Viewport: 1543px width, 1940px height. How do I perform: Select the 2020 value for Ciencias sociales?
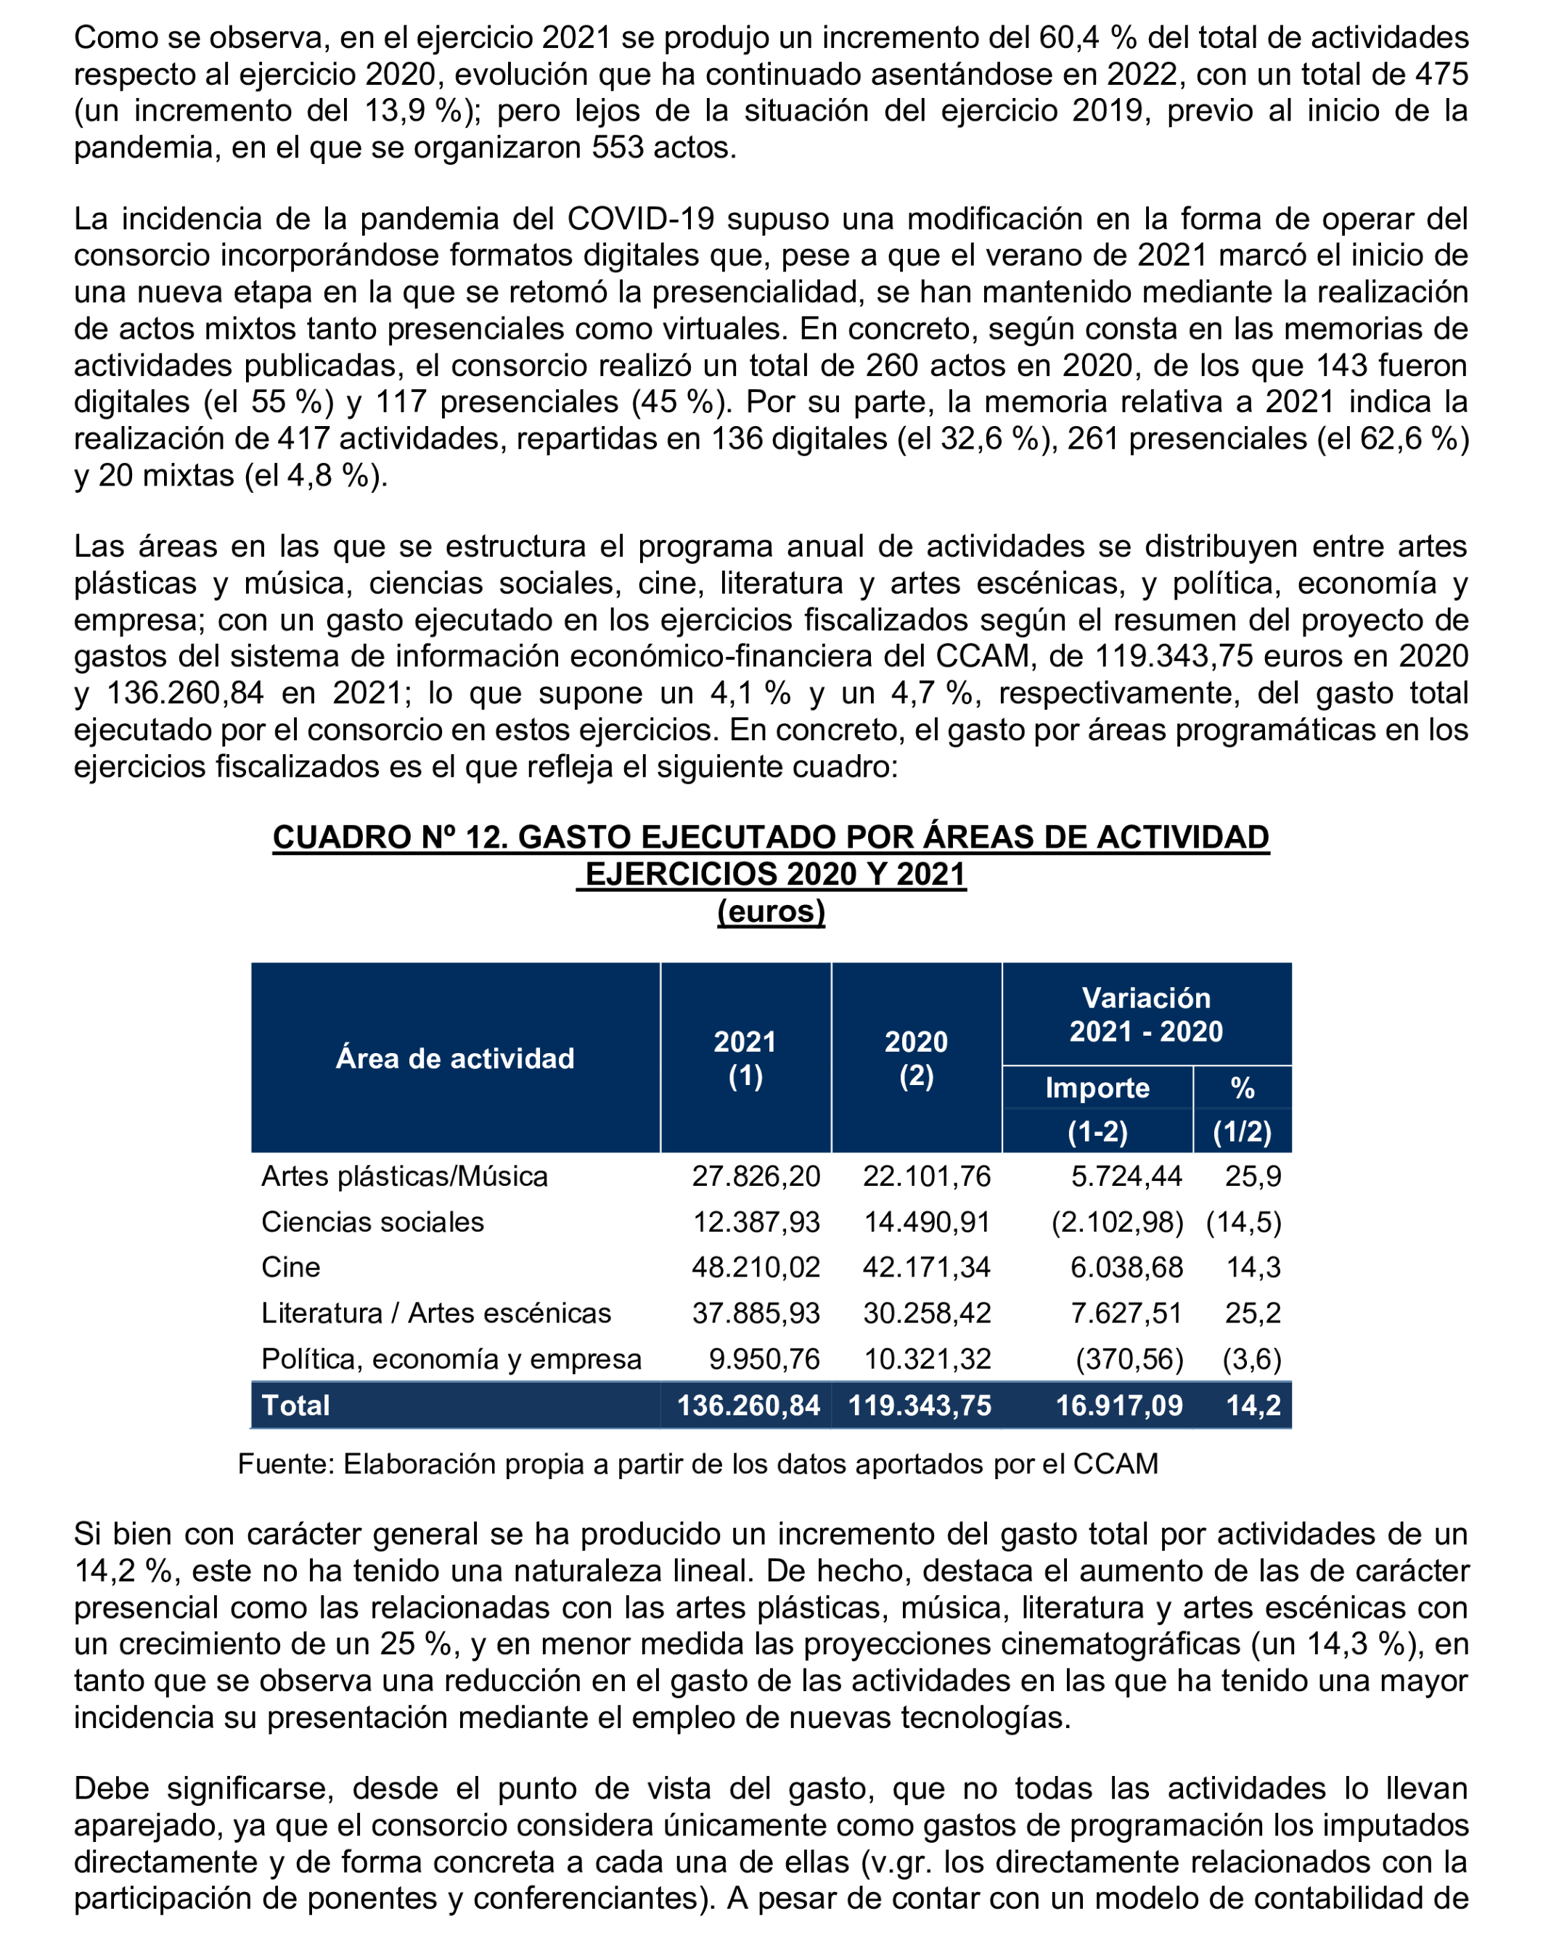[927, 1222]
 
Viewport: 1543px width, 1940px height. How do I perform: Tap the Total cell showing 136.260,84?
[748, 1406]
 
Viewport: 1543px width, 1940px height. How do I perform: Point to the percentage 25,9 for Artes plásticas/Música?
[1253, 1176]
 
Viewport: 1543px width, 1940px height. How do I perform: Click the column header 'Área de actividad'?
[454, 1058]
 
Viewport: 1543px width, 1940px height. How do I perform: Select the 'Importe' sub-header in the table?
[1097, 1088]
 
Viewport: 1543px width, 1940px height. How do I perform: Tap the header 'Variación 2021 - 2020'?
[1145, 1014]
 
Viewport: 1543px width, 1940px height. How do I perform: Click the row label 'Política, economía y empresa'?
[451, 1359]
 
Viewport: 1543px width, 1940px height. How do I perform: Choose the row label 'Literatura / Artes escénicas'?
[435, 1313]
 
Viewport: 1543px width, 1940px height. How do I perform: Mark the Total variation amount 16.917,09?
[1118, 1406]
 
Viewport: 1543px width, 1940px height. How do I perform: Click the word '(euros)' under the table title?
[771, 912]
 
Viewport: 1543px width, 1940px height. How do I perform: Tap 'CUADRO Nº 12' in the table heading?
[388, 838]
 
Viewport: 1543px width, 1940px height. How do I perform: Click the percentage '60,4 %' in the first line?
[1088, 38]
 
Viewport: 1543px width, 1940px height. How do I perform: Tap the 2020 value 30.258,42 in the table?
[927, 1313]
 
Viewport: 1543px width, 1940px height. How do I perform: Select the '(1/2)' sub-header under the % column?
[1242, 1131]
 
